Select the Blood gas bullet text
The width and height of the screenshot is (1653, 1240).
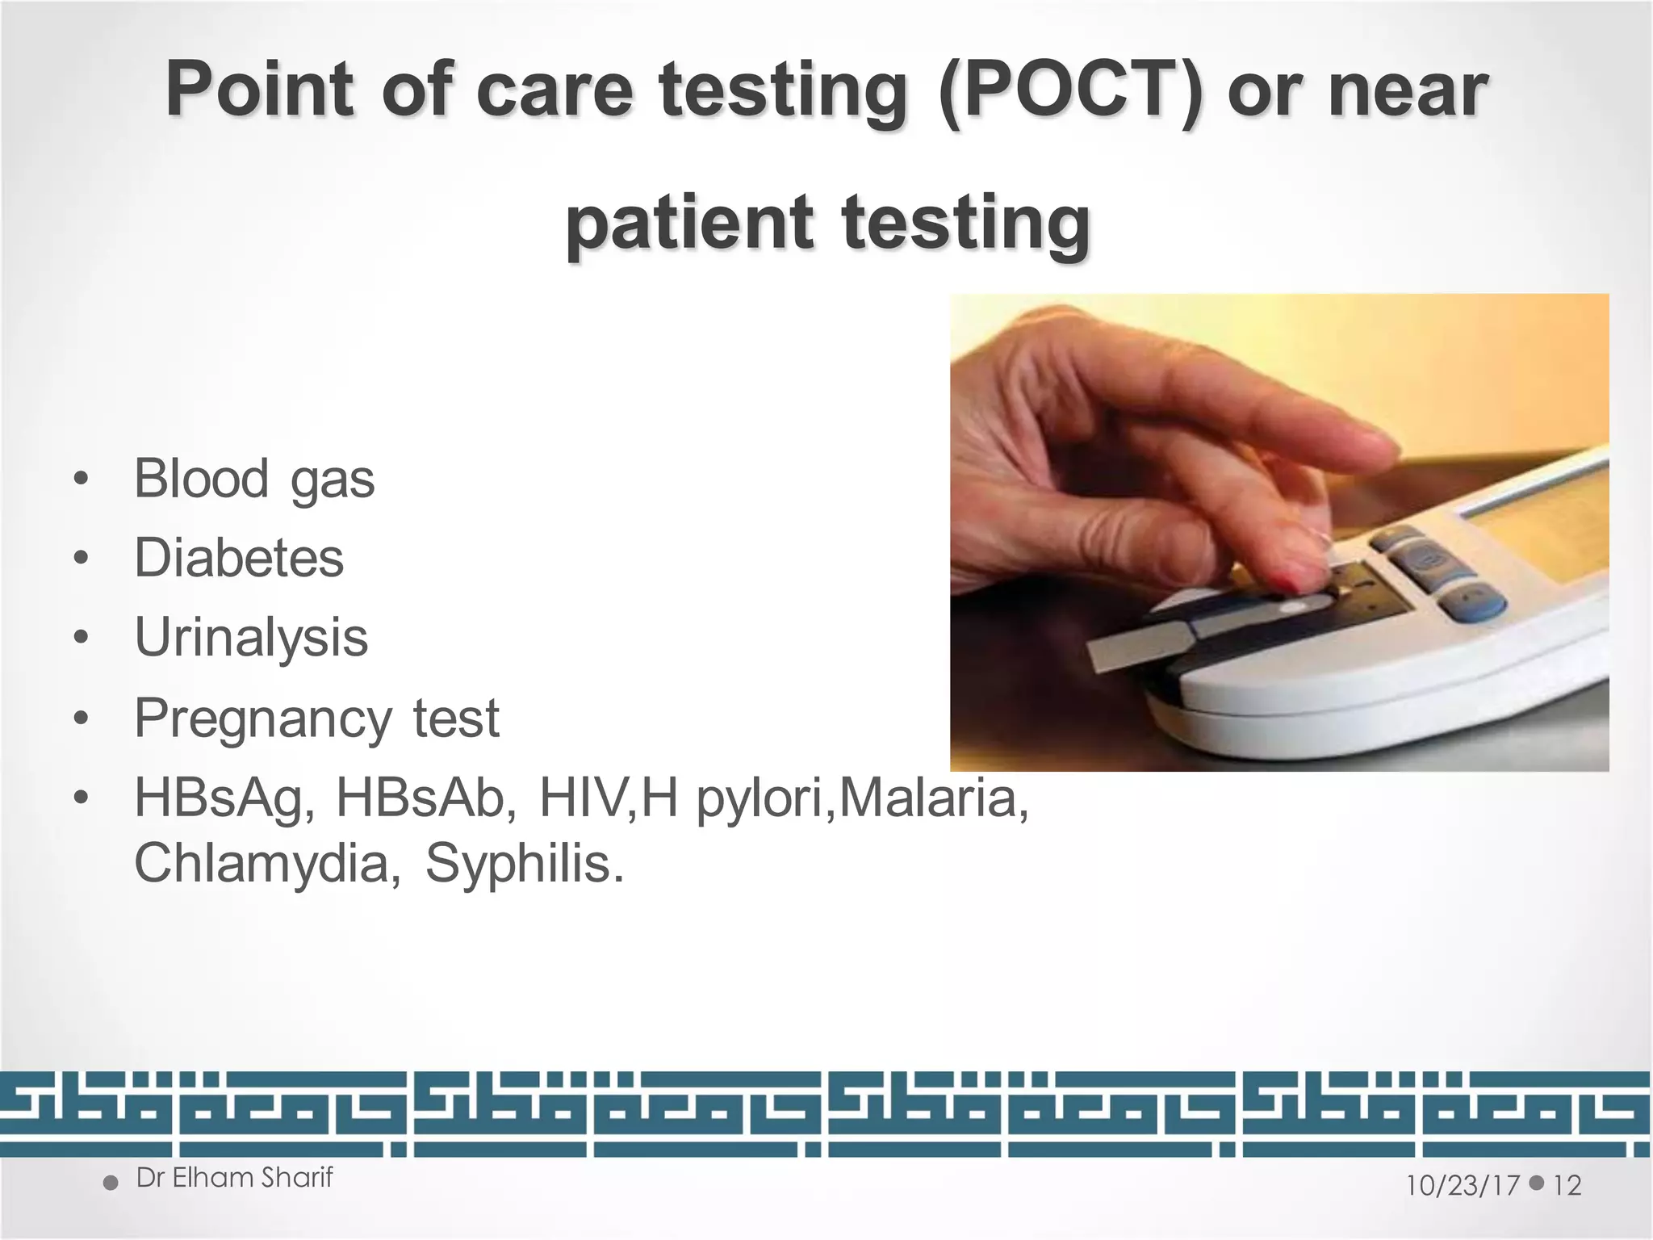click(254, 479)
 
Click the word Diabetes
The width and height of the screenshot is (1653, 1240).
click(239, 558)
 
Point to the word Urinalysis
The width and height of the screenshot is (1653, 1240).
click(251, 637)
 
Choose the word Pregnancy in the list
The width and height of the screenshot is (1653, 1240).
click(263, 718)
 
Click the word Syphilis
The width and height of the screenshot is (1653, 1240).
click(524, 863)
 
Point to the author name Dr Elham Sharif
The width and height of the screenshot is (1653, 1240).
click(234, 1178)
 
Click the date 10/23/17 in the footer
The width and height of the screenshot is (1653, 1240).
click(1463, 1185)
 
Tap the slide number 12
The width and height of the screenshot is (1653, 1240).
click(1567, 1185)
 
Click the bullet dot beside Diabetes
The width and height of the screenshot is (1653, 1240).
click(79, 559)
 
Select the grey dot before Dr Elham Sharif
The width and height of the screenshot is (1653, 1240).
click(111, 1183)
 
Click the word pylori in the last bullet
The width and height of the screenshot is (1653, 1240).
click(764, 799)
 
